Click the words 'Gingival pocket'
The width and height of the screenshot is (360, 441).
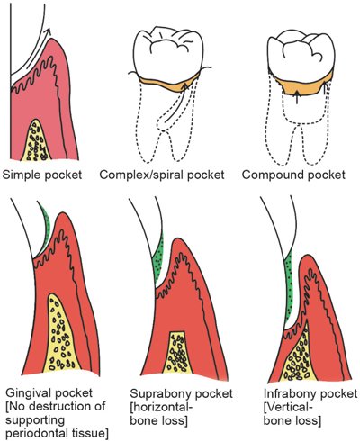(x=44, y=391)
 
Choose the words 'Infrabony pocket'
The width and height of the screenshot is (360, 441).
(x=297, y=391)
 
